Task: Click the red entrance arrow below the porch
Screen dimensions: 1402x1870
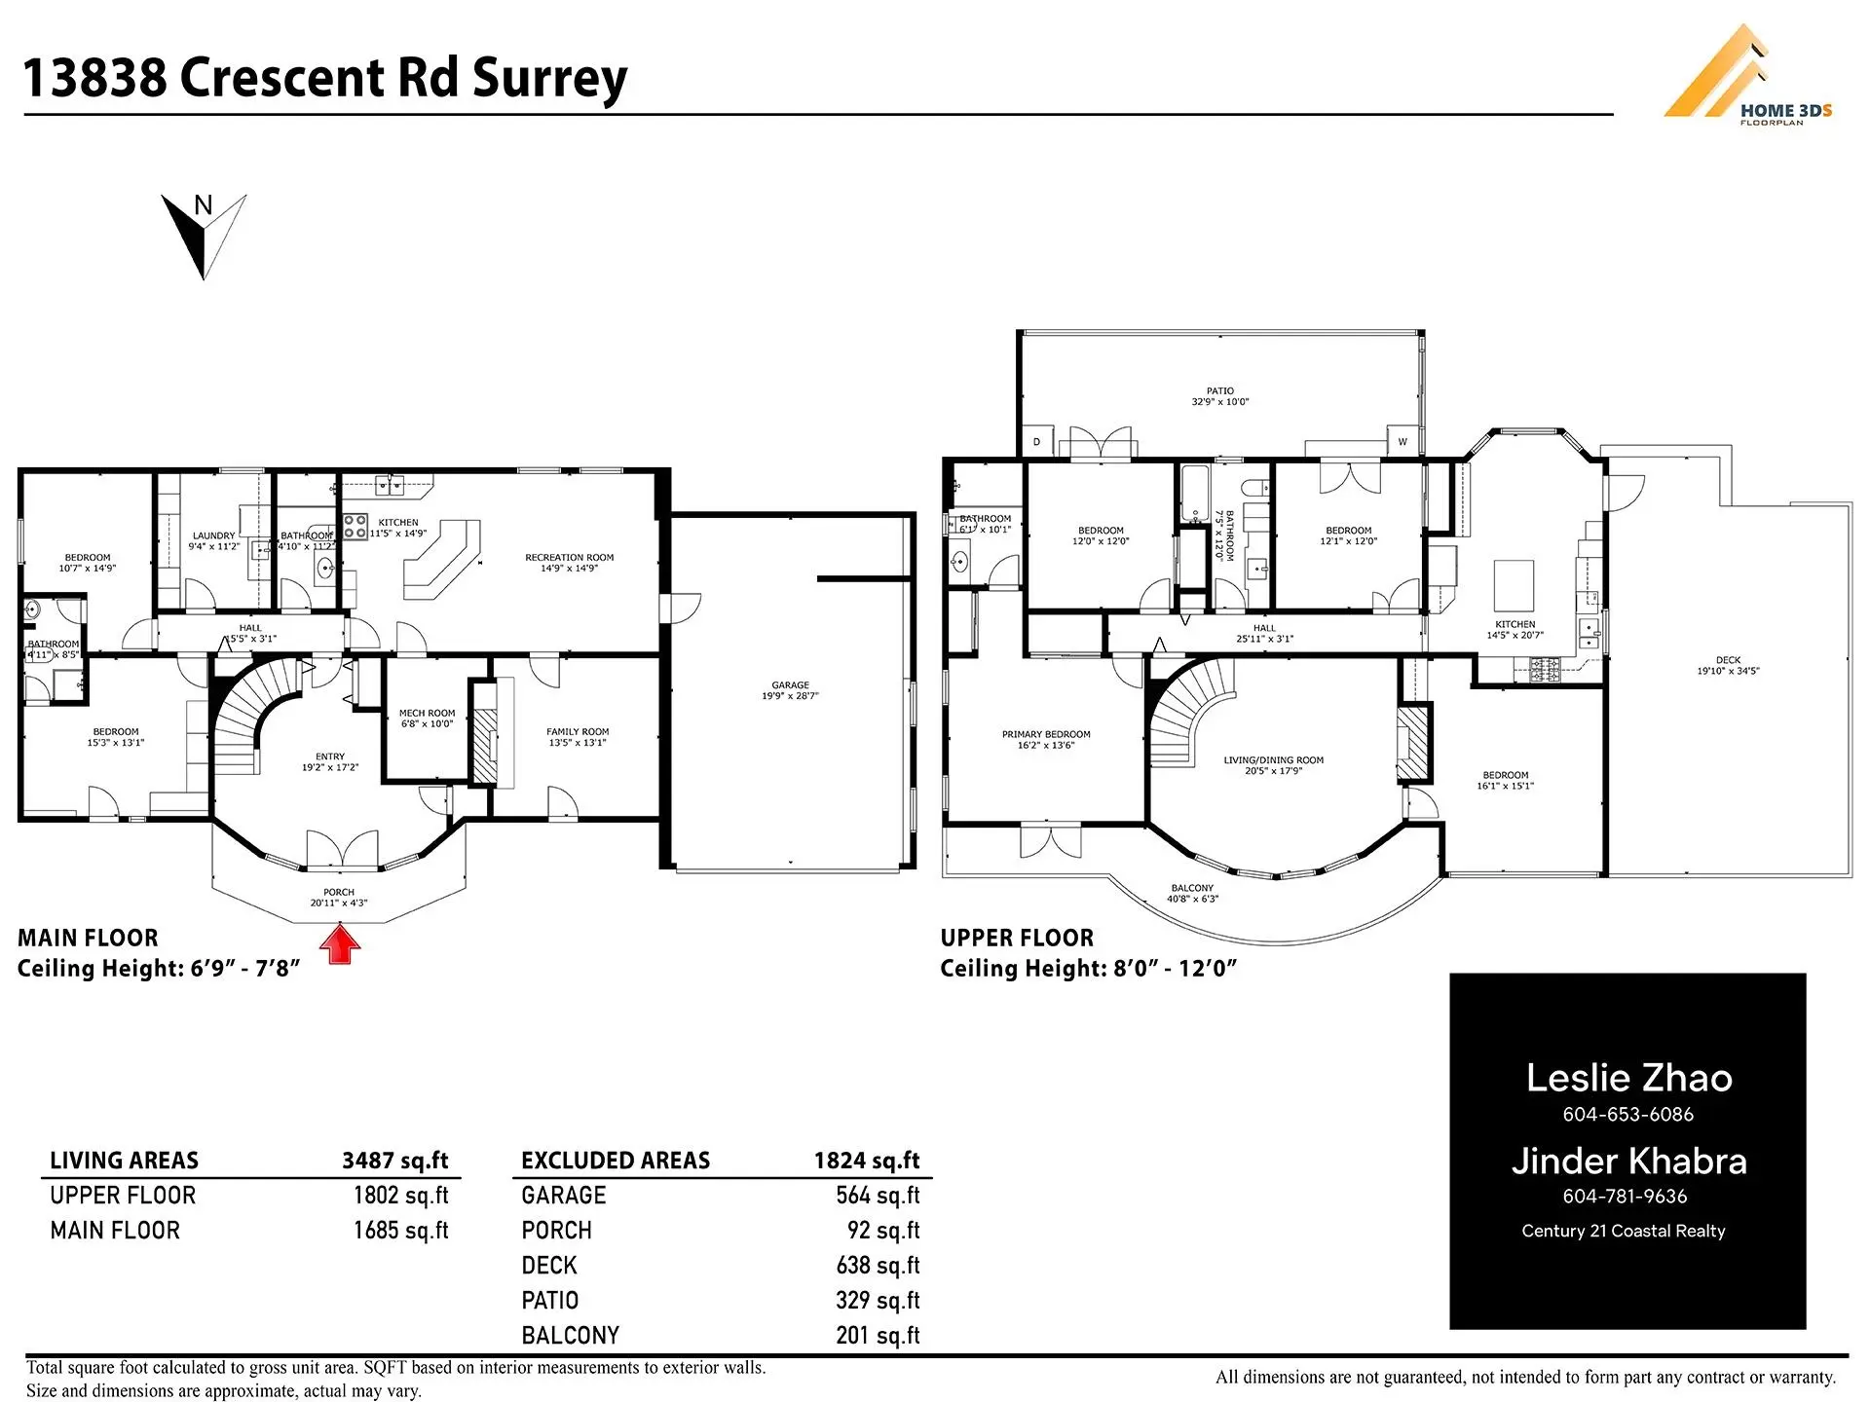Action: click(x=340, y=944)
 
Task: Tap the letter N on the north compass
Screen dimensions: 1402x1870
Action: click(x=203, y=205)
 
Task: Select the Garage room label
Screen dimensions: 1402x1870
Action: click(x=790, y=685)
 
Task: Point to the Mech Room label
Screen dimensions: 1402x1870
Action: click(x=427, y=714)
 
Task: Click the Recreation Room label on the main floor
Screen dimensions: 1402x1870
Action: click(x=569, y=558)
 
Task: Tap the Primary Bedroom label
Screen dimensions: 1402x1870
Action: click(x=1046, y=735)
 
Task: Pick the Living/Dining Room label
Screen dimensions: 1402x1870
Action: click(x=1273, y=760)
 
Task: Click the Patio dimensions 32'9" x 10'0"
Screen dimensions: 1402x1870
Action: click(x=1219, y=402)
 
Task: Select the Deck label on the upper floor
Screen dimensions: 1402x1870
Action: click(x=1728, y=660)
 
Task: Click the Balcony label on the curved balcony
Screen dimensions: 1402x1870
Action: click(x=1192, y=888)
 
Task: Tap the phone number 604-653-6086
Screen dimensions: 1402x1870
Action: click(x=1627, y=1115)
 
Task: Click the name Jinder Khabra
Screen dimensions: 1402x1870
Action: click(x=1628, y=1162)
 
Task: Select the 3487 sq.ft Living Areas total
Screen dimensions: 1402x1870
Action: click(x=394, y=1161)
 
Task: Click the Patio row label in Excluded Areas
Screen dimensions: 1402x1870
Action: click(x=550, y=1301)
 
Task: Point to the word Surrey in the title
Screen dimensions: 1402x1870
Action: click(x=549, y=78)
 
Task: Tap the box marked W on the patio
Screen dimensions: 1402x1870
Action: click(x=1402, y=441)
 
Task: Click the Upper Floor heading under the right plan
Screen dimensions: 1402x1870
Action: click(x=1017, y=939)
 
